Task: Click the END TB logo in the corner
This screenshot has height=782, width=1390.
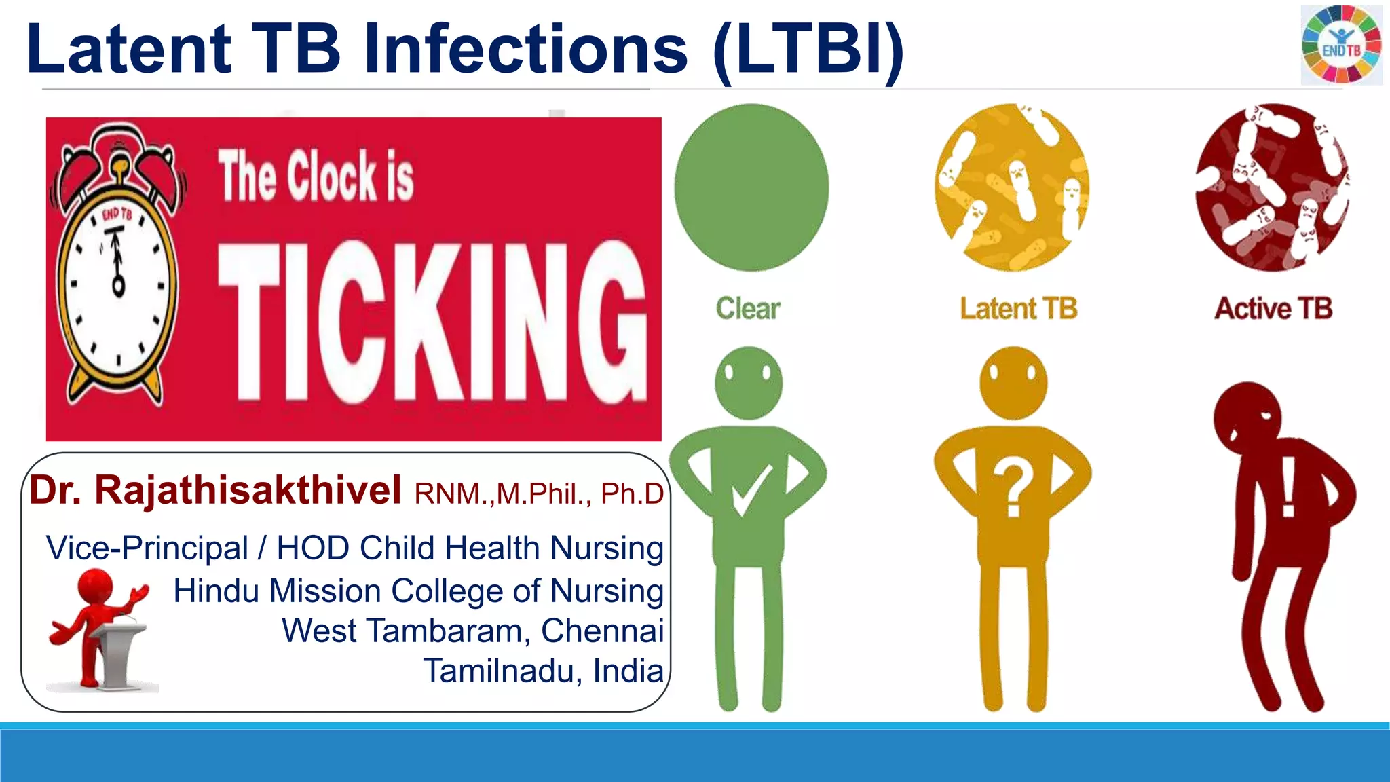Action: tap(1341, 45)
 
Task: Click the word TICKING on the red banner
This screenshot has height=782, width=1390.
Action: tap(432, 321)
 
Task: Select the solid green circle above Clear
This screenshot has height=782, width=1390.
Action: tap(751, 187)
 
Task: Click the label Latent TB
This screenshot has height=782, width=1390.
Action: tap(1018, 309)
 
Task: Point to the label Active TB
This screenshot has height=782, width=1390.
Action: tap(1273, 309)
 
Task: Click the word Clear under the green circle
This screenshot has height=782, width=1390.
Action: tap(748, 309)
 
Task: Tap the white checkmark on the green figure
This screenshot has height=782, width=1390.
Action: tap(751, 491)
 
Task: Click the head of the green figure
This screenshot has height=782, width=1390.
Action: tap(749, 382)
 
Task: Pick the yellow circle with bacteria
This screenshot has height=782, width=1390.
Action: tap(1012, 187)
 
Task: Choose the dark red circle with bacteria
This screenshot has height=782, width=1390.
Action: tap(1271, 187)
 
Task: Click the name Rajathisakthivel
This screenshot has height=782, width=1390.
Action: tap(248, 490)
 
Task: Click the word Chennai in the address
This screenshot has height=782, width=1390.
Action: tap(602, 631)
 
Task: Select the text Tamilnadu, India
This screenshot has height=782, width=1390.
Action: tap(543, 671)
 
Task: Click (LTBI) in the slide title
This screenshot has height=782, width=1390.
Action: tap(808, 49)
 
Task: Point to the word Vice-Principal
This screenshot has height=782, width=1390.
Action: tap(147, 548)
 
